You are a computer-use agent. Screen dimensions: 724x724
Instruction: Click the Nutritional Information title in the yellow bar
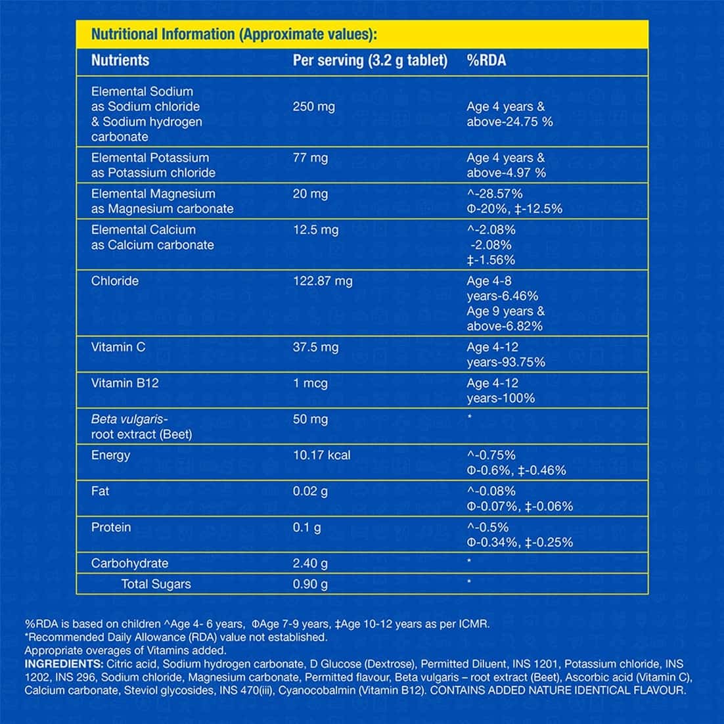pos(234,34)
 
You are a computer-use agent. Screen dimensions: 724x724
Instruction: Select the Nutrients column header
pos(120,60)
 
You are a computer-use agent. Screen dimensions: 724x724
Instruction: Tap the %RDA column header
pos(486,60)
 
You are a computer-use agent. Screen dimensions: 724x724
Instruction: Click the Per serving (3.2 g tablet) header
pos(370,60)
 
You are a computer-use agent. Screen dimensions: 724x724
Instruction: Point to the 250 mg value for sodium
pos(313,106)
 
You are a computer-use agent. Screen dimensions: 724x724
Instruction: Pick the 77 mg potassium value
pos(310,158)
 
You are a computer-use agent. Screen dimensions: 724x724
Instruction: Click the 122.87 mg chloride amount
pos(323,281)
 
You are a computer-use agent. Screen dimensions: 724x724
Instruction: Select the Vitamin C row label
pos(118,347)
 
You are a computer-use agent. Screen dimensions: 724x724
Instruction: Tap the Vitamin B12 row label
pos(125,383)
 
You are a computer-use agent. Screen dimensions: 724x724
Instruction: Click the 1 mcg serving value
pos(310,383)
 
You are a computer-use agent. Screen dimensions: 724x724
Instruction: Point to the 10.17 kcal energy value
pos(321,455)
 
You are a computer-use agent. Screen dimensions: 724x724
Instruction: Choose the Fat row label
pos(100,491)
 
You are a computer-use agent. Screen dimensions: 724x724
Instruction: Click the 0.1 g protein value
pos(307,528)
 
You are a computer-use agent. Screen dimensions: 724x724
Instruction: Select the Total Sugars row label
pos(156,584)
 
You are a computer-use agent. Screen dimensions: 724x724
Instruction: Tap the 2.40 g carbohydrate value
pos(310,564)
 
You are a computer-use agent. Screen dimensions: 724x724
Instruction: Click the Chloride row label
pos(115,281)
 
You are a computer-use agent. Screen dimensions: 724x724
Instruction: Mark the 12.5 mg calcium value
pos(315,230)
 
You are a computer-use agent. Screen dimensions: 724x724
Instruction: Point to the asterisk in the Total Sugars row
pos(469,582)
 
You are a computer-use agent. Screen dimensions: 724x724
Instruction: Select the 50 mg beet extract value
pos(310,419)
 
